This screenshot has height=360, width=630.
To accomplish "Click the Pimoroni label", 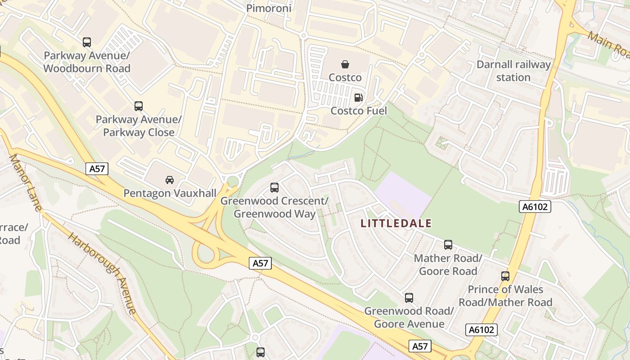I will point(269,8).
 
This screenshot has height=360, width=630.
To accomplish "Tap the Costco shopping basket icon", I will point(345,64).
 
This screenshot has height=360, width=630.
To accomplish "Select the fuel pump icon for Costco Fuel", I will point(359,97).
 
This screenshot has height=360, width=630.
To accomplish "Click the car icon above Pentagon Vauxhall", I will point(170,180).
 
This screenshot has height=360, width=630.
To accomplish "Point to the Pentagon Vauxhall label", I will point(170,193).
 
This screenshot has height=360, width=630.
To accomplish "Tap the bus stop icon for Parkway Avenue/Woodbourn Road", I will point(87,42).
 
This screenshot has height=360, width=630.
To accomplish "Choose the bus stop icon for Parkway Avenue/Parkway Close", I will point(139,106).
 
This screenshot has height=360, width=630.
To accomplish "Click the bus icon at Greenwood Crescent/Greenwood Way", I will point(274,187).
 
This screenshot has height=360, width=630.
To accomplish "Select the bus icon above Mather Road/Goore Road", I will point(448,245).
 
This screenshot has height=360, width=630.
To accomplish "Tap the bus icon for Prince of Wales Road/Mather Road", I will point(505,276).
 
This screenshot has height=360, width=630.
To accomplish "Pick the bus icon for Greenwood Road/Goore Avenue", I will point(409,297).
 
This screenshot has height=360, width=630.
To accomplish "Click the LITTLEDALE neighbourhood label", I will point(396,223).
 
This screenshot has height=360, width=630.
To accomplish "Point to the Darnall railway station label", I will point(513,71).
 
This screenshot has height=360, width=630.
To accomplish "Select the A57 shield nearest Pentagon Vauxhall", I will point(97,169).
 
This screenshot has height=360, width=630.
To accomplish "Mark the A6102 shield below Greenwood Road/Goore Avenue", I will point(481,330).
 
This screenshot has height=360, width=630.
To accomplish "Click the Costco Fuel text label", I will point(359,111).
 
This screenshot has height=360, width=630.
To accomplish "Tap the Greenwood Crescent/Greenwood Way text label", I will point(274,207).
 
